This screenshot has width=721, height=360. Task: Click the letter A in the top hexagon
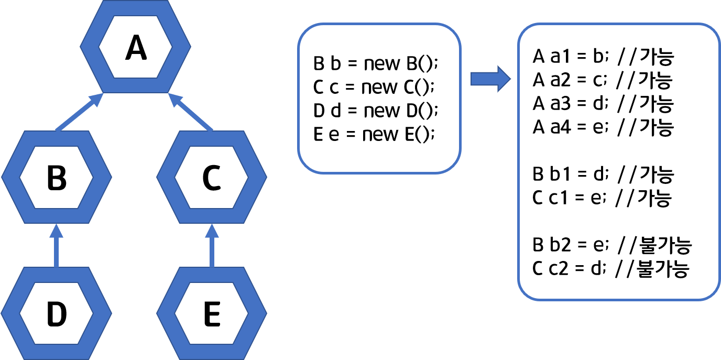click(136, 48)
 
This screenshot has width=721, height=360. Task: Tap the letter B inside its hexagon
click(57, 178)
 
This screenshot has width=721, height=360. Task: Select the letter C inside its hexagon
click(212, 178)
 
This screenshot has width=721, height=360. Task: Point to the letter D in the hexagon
click(57, 314)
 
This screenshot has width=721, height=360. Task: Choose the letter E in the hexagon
click(212, 314)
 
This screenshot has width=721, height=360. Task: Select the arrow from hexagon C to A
click(190, 112)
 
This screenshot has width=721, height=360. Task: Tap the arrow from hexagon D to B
click(57, 245)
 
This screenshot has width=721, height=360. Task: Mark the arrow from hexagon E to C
click(212, 245)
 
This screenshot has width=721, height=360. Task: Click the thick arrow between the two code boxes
click(490, 79)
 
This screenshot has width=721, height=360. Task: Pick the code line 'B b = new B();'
click(375, 63)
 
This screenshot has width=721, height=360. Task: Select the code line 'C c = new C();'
click(374, 87)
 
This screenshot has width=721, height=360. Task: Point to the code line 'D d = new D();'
click(375, 111)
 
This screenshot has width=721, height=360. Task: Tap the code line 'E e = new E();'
click(374, 134)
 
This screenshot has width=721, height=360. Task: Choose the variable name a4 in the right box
click(561, 127)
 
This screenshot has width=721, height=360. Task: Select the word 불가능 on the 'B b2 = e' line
click(665, 245)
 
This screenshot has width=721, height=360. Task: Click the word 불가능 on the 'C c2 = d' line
click(663, 268)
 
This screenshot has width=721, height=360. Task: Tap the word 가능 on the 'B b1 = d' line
click(657, 174)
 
